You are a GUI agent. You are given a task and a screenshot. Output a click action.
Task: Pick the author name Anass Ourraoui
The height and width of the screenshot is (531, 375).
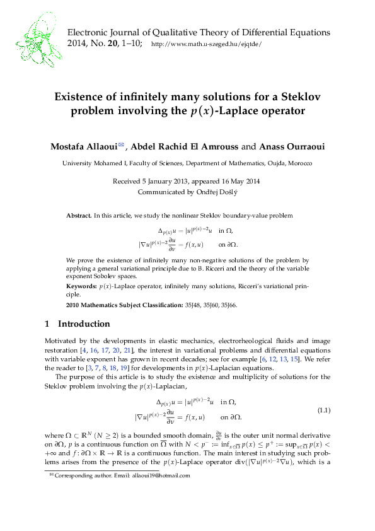pos(291,146)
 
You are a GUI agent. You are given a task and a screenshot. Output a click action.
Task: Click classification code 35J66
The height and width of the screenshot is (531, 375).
pos(228,305)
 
